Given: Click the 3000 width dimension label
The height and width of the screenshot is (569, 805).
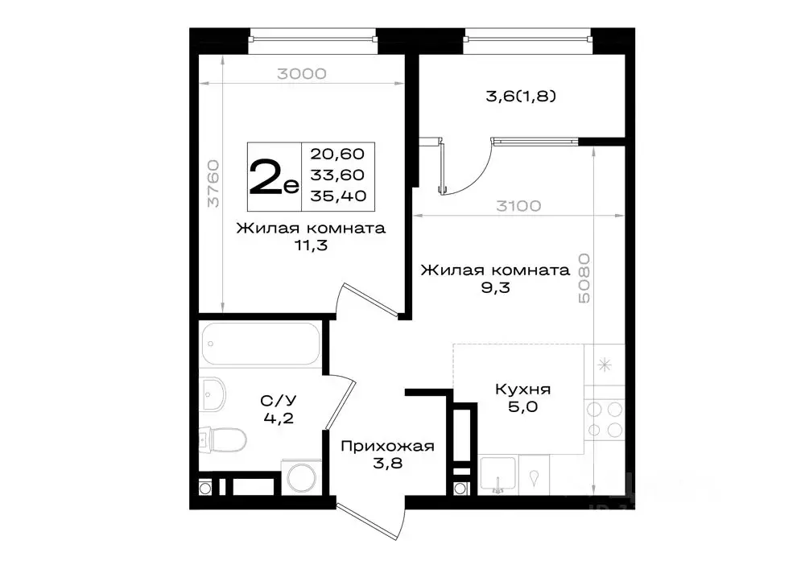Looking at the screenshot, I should point(301,74).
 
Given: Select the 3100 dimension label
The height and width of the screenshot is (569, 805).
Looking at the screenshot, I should point(517,206).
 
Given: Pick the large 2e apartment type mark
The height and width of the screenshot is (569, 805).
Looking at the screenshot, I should point(274,177).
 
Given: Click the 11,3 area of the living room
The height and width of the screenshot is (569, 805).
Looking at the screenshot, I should point(310,247).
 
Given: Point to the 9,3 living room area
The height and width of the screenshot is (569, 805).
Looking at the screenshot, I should point(495,288).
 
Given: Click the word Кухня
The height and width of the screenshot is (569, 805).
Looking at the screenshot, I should point(522,389).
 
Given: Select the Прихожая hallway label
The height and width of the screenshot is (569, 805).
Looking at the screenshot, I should point(387,447).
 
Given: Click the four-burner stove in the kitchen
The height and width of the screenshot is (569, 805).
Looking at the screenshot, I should point(605,419).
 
